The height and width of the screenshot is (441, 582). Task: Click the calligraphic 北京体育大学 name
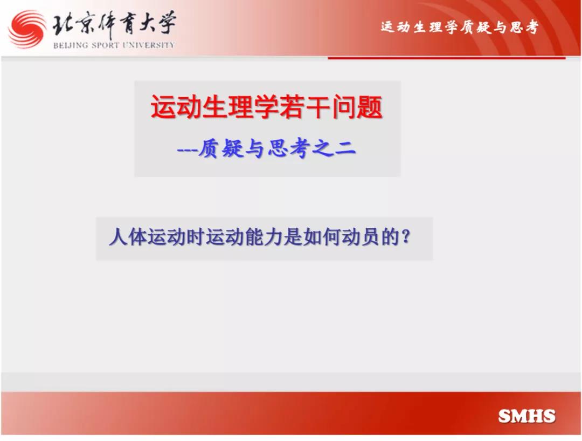(x=113, y=24)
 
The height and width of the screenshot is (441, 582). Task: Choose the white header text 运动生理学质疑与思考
(x=460, y=27)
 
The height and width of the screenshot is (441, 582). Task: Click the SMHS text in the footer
(x=526, y=416)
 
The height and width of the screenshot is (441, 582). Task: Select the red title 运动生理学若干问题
(x=267, y=107)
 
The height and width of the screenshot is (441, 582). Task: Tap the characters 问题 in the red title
(x=357, y=107)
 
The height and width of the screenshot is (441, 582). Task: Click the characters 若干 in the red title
(x=304, y=107)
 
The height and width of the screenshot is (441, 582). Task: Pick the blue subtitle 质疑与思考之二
(x=277, y=149)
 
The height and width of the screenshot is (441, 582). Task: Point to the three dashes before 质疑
(x=187, y=150)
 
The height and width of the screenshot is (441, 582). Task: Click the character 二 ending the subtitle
(x=345, y=150)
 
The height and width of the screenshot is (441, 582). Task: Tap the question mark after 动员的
(x=406, y=236)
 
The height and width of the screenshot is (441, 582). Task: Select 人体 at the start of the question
(x=128, y=236)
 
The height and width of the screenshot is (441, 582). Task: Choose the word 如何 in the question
(x=321, y=236)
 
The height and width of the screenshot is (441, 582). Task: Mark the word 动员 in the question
(x=360, y=236)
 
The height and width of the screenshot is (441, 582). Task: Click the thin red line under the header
(x=447, y=58)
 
